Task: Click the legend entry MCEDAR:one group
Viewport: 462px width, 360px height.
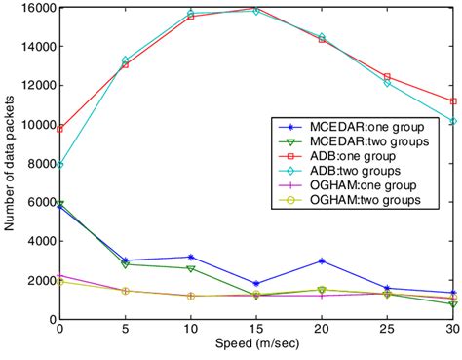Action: pos(358,127)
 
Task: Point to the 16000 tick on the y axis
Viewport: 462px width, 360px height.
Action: pos(37,8)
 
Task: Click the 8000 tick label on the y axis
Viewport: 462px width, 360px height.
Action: pos(40,164)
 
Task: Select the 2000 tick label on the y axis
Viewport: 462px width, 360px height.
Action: pos(40,281)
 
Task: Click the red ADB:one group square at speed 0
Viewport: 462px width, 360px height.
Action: pos(60,129)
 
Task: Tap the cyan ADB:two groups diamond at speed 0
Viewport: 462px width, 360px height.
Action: pos(60,165)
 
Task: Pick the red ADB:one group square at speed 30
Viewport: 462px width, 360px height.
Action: pos(450,101)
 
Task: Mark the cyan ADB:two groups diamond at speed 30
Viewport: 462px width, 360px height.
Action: pos(450,122)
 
